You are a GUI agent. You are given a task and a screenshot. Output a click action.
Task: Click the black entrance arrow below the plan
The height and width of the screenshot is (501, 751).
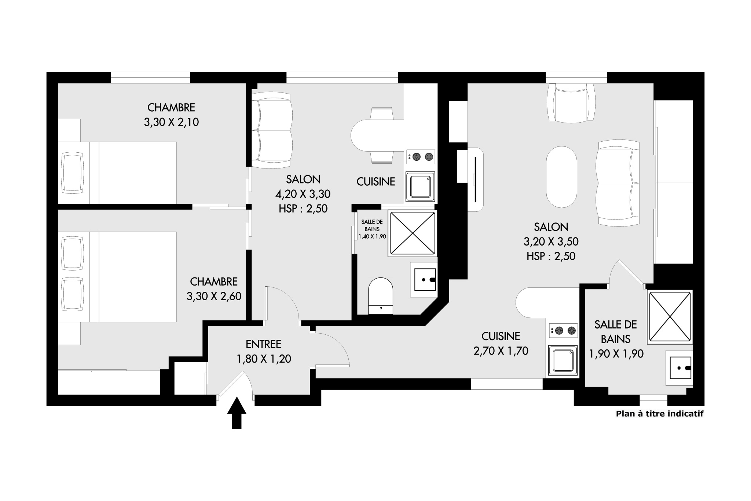pos(237,413)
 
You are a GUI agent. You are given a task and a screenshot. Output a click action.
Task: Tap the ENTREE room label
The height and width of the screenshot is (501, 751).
pos(263,344)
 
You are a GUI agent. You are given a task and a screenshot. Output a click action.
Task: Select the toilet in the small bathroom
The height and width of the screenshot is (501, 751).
pos(381,296)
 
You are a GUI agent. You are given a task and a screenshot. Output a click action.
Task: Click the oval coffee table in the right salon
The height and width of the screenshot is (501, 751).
pos(561,177)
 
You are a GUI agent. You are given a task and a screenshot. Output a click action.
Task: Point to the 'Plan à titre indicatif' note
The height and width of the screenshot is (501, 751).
pos(660,414)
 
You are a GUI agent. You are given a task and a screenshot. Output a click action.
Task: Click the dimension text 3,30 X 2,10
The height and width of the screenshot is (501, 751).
pos(171,122)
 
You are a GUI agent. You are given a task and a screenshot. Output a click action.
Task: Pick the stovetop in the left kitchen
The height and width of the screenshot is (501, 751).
pos(421,157)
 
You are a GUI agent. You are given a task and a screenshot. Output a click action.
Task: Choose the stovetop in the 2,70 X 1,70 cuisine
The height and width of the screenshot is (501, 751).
pos(564,331)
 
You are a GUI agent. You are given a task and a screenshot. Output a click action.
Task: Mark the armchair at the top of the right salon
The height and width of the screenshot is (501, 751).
pos(571,103)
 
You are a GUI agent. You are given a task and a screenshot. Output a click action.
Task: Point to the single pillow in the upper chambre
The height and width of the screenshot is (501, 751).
pos(73,173)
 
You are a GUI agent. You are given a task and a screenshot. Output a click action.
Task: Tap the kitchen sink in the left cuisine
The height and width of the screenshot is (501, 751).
pos(420,187)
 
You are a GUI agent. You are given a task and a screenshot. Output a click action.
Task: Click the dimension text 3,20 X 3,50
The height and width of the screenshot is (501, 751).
pos(551,242)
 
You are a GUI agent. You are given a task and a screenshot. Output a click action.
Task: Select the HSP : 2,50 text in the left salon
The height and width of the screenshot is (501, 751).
pos(303,208)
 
